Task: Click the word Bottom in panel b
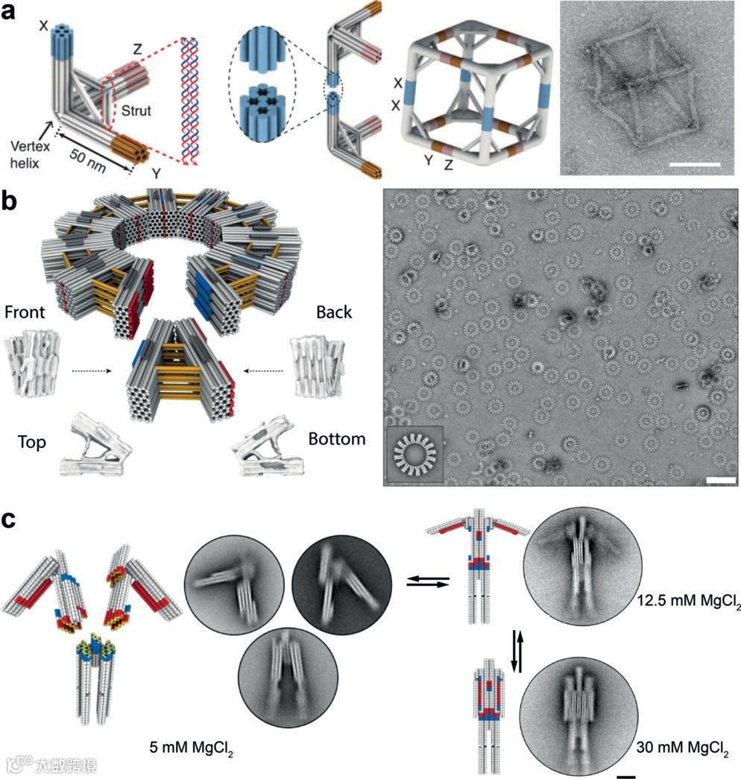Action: click(x=337, y=438)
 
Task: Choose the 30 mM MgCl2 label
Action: click(x=678, y=746)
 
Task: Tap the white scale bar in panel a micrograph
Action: click(x=699, y=162)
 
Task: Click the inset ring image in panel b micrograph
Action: click(x=414, y=453)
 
